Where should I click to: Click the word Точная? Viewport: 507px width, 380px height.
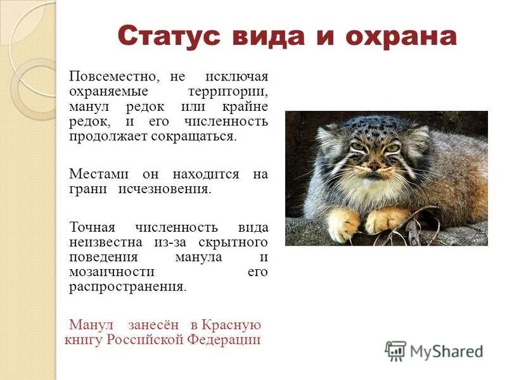93,227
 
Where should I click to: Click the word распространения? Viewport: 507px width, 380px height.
127,286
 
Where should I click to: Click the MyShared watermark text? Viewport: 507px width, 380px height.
446,351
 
